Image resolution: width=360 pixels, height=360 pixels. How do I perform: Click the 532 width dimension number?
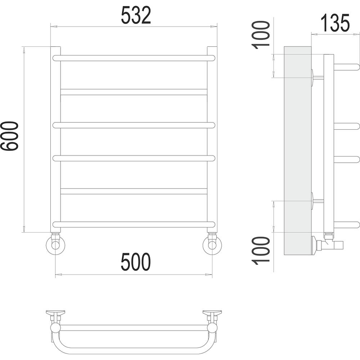136,15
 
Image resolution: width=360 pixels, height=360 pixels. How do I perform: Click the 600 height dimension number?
9,136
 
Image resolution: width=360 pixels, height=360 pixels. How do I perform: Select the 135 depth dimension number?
335,23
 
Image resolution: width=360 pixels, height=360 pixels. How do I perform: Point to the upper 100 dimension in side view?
261,35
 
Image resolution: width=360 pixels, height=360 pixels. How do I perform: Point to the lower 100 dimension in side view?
261,251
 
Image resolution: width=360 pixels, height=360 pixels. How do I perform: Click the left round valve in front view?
55,245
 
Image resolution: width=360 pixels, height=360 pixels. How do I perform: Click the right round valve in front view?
212,245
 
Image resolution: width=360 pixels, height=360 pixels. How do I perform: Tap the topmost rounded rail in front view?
134,58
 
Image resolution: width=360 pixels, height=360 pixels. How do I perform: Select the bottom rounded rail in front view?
134,224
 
